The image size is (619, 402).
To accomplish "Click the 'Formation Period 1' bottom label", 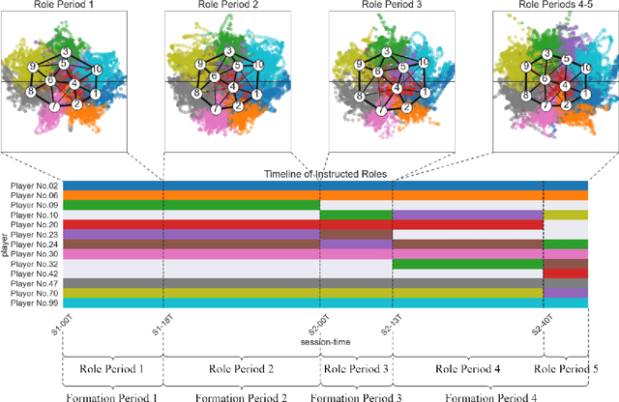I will pyautogui.click(x=111, y=395).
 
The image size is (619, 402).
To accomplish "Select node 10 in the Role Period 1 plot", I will pyautogui.click(x=96, y=70).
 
